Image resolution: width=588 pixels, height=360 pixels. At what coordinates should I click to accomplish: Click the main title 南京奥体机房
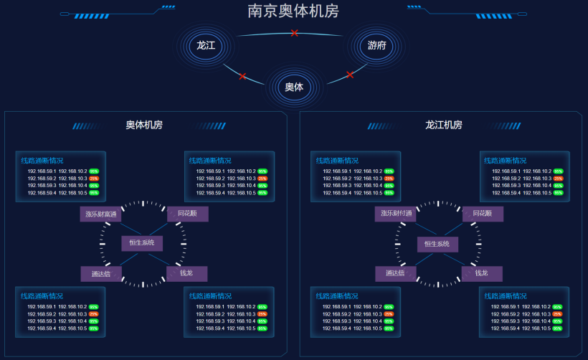coord(293,11)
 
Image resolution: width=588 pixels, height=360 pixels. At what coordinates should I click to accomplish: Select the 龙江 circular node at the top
coord(206,46)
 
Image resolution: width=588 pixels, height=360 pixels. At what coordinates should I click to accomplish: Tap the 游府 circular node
coord(376,46)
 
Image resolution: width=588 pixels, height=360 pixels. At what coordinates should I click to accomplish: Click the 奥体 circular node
coord(294,87)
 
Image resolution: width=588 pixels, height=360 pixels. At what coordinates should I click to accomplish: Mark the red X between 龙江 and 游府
coord(294,33)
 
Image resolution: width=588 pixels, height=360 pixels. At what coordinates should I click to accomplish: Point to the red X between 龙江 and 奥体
coord(242,76)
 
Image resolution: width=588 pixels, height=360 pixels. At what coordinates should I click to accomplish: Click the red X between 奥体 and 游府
coord(350,75)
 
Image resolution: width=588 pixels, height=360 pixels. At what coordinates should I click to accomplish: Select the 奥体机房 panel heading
coord(144,125)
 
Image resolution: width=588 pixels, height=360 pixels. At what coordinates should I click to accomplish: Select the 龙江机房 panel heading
coord(443,125)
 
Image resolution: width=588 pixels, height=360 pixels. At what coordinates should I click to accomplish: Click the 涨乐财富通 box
coord(100,214)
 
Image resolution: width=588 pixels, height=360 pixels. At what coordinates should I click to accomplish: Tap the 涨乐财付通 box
coord(395,214)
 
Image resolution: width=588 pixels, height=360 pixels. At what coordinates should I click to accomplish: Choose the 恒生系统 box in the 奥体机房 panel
coord(142,243)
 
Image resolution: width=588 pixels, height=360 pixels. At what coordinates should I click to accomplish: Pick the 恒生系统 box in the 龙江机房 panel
coord(437,244)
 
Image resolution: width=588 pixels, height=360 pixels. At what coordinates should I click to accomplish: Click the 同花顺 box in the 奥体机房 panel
coord(187,214)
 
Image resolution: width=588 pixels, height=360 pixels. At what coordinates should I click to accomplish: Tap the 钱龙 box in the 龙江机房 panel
coord(481,274)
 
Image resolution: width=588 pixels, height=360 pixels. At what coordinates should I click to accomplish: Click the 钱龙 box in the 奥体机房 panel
coord(186,274)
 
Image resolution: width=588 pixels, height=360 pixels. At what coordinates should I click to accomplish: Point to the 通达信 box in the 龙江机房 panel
coord(395,274)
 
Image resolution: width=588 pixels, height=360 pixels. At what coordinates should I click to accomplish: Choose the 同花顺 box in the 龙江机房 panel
coord(482,214)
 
